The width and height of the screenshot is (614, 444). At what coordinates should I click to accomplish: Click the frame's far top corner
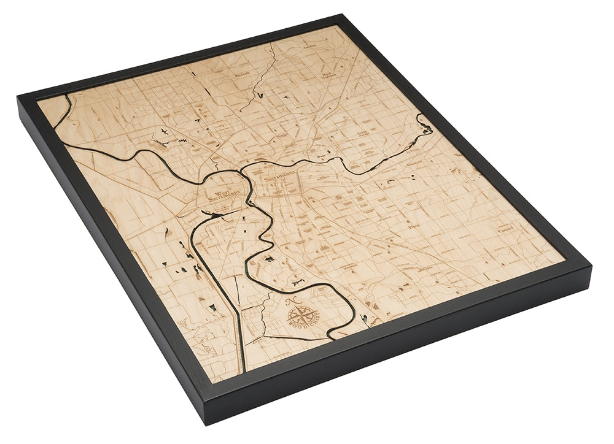coord(340,17)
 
